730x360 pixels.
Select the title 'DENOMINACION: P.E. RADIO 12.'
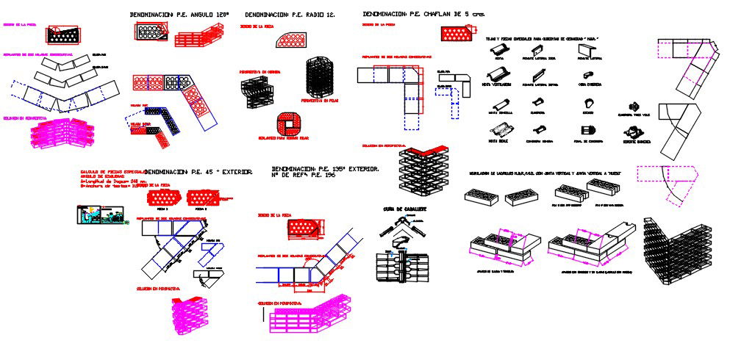pos(290,15)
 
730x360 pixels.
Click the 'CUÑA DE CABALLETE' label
pos(404,209)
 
